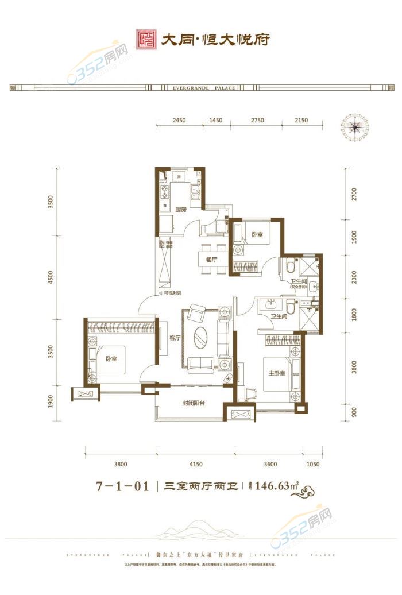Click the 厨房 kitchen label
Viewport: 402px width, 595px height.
click(181, 210)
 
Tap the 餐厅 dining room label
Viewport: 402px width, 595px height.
click(211, 260)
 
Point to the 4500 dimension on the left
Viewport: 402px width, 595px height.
click(51, 277)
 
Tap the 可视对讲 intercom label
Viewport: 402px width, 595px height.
click(172, 293)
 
